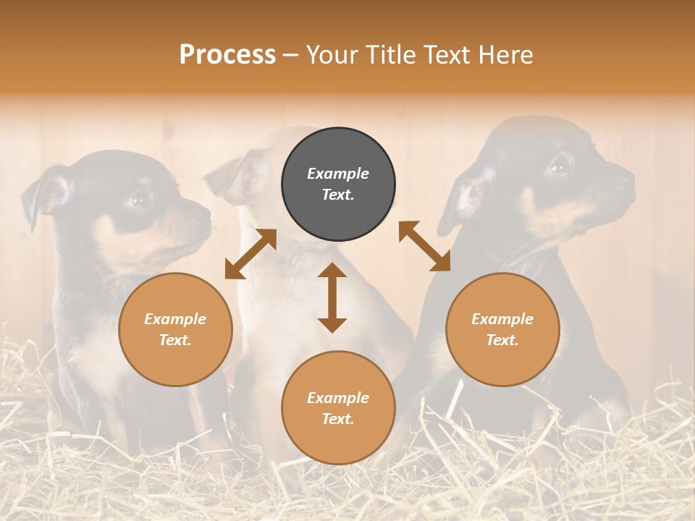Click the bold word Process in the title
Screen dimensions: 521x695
pyautogui.click(x=227, y=55)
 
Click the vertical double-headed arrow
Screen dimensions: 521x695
pyautogui.click(x=332, y=297)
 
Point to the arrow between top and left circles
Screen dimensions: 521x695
pyautogui.click(x=250, y=253)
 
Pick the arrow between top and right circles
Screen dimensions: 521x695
pyautogui.click(x=424, y=246)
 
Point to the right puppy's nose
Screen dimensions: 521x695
pyautogui.click(x=627, y=176)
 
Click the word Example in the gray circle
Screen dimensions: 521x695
pyautogui.click(x=338, y=174)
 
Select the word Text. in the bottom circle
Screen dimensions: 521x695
pyautogui.click(x=338, y=419)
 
